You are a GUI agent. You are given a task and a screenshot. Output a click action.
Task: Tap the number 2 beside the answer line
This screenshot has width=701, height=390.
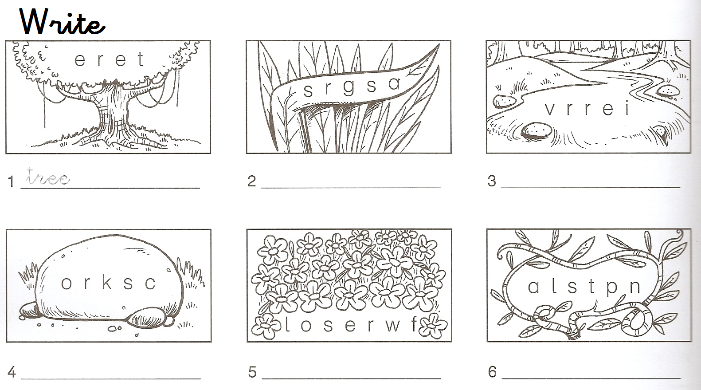[x=252, y=181]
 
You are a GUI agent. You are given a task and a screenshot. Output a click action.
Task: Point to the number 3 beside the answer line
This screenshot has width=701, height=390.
[x=492, y=181]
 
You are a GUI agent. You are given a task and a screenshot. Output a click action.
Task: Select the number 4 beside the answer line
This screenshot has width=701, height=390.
[x=12, y=372]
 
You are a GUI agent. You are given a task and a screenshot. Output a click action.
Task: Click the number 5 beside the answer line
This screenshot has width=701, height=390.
[x=252, y=372]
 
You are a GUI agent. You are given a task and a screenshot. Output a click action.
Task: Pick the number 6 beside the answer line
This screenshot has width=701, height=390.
[x=492, y=372]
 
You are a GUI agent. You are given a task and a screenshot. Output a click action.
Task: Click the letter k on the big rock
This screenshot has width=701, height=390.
[x=106, y=282]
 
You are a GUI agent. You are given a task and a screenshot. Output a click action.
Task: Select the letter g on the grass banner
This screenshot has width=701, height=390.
[x=349, y=88]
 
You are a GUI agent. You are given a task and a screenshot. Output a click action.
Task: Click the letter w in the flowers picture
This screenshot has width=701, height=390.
[x=392, y=325]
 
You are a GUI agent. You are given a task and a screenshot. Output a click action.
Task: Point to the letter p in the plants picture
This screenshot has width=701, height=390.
[x=612, y=288]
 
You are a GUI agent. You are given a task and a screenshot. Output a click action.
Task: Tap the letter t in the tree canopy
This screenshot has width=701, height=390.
[x=141, y=59]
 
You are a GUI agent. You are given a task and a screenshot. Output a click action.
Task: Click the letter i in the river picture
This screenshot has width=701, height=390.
[x=627, y=107]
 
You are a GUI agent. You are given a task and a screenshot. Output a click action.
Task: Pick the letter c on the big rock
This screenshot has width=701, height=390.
[x=150, y=283]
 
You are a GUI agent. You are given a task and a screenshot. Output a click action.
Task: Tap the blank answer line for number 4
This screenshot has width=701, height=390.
[x=111, y=378]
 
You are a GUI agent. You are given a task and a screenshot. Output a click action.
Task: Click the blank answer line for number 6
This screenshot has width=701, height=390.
[x=591, y=378]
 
